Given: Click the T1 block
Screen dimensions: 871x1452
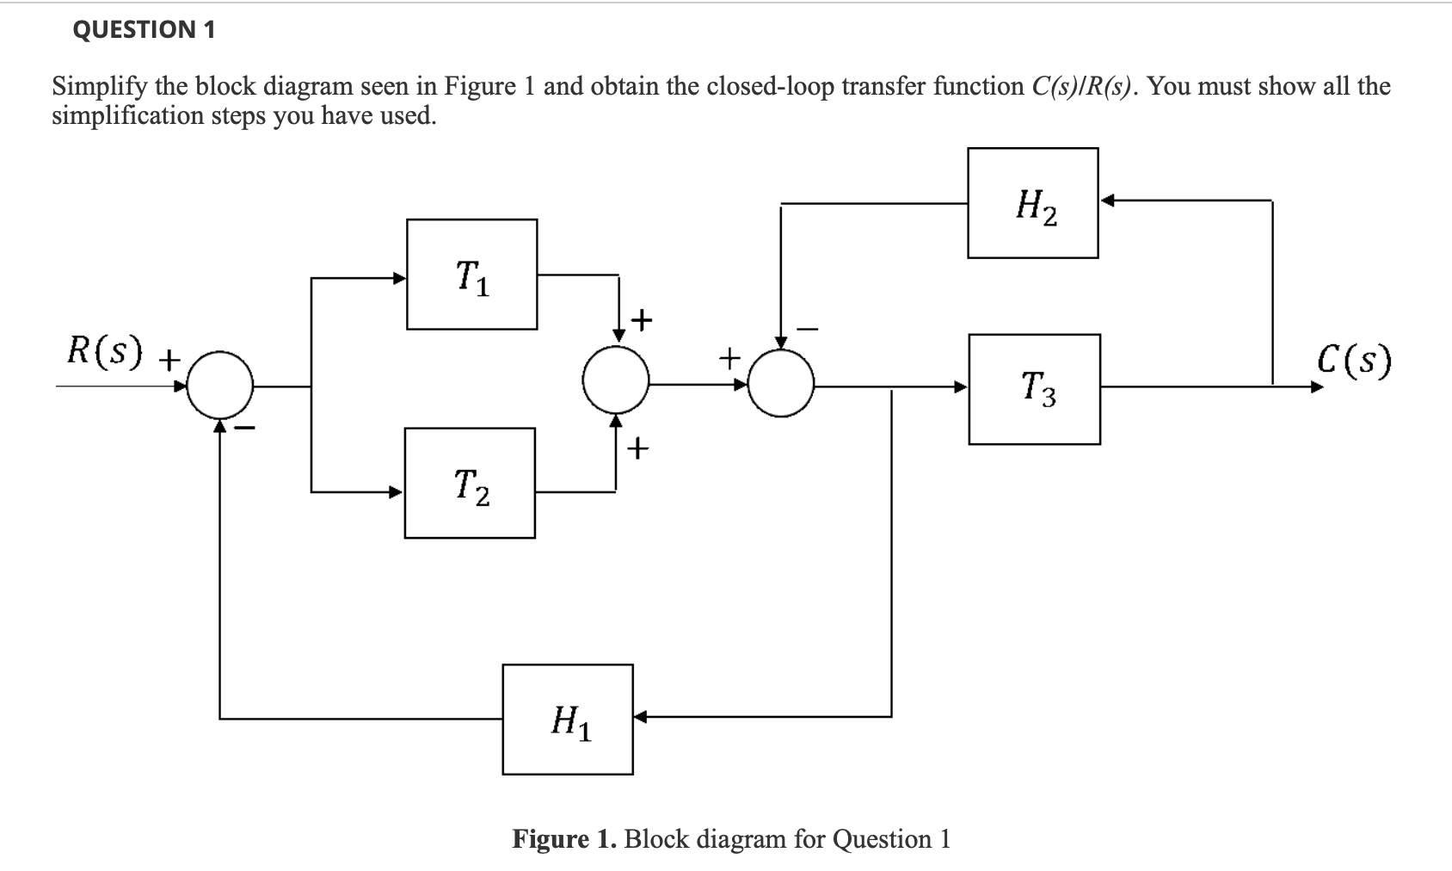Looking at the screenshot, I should [x=471, y=275].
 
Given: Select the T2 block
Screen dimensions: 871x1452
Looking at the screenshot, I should [x=470, y=483].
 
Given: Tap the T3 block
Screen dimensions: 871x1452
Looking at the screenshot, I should [x=1034, y=389].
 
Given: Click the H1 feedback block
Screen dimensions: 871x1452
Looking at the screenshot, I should [x=568, y=720].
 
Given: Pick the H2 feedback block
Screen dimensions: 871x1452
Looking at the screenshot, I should [x=1032, y=203].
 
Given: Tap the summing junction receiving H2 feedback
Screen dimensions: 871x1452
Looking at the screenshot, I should [x=780, y=383].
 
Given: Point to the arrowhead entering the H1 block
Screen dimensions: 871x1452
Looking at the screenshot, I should [x=641, y=715].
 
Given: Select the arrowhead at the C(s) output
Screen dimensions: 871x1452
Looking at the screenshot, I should [x=1315, y=387].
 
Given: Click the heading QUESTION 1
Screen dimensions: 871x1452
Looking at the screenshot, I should [x=144, y=29].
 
